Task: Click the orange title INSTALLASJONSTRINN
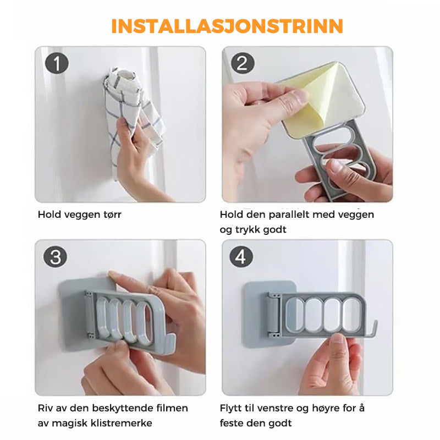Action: [227, 26]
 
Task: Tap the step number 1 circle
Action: [57, 63]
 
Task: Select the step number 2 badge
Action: [243, 63]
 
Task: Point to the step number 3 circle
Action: [56, 257]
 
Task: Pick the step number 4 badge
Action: [241, 256]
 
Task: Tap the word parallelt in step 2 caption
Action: [289, 215]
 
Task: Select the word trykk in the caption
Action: [247, 230]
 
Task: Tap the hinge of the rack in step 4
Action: [273, 315]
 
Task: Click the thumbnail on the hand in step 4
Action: [338, 339]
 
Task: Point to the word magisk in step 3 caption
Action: [70, 423]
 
